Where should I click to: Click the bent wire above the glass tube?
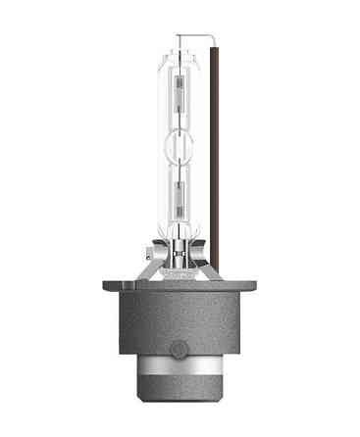coord(196,38)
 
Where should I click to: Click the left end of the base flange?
coord(106,286)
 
